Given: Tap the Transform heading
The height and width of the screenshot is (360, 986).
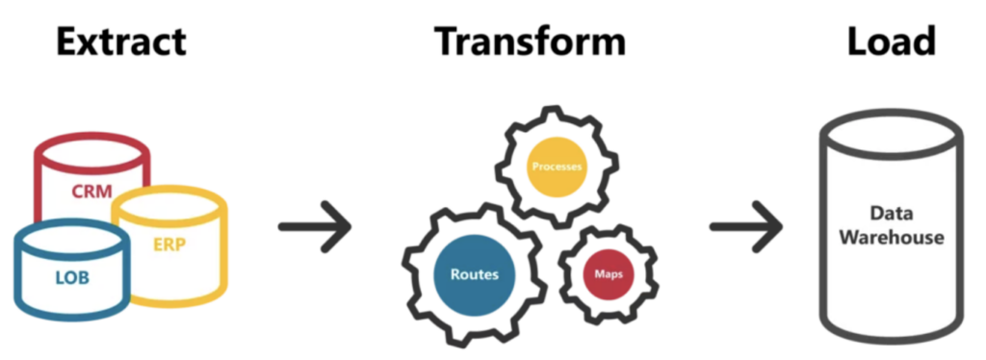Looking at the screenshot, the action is (531, 41).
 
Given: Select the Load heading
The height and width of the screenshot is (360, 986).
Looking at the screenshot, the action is (892, 41).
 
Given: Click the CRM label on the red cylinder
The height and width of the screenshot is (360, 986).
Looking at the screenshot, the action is (91, 191).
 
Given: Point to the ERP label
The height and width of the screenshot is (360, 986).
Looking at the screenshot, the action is (169, 244).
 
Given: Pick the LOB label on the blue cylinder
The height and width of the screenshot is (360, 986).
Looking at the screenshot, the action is (72, 277).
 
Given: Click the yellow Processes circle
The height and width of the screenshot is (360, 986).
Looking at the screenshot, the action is (557, 167).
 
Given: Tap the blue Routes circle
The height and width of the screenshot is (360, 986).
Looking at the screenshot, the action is (475, 274).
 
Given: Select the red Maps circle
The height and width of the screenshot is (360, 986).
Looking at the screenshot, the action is (609, 274).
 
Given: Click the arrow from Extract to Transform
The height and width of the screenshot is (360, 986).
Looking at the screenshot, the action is (315, 227).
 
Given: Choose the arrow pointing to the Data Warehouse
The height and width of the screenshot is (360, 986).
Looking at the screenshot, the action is (746, 227).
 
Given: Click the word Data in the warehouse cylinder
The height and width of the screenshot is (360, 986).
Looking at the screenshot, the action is (891, 214).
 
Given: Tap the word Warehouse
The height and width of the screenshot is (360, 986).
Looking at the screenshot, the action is (891, 238).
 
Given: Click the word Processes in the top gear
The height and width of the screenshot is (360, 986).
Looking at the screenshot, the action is (557, 167).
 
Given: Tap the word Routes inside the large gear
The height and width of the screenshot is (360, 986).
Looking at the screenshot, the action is (475, 274).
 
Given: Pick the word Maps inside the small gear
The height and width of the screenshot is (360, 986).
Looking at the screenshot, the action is (609, 275).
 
